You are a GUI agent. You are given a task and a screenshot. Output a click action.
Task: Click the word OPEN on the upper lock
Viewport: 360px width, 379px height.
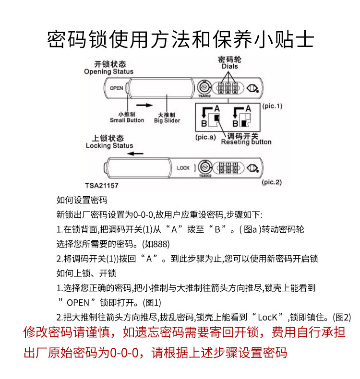[117, 88]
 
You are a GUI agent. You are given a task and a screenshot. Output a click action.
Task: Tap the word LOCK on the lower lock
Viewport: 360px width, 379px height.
[183, 168]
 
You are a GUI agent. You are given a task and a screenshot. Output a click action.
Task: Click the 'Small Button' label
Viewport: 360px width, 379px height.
[127, 120]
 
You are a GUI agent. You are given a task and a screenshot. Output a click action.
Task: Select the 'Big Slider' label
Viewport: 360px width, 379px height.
[167, 120]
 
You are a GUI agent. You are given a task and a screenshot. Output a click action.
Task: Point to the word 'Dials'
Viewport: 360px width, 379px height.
[230, 67]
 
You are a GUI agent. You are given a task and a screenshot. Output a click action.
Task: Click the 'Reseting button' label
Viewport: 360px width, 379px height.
[246, 142]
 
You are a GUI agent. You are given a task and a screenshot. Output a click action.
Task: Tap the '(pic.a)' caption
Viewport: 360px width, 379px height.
[208, 137]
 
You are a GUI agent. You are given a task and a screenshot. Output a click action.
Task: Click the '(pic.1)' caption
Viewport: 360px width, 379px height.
[272, 106]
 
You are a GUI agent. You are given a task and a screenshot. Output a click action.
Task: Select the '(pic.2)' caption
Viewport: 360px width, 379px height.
[272, 182]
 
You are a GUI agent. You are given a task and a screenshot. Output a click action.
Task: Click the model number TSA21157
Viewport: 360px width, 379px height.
[102, 184]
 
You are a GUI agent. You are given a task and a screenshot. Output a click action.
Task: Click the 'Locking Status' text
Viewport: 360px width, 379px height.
[109, 145]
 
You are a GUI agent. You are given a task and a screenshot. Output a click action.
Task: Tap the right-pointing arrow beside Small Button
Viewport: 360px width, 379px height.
[143, 104]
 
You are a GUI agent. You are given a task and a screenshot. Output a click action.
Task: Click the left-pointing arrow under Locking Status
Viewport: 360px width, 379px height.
[136, 154]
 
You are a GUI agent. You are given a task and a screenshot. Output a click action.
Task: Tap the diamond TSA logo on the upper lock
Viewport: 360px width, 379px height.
[253, 88]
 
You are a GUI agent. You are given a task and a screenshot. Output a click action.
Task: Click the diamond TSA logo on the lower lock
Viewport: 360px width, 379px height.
[253, 168]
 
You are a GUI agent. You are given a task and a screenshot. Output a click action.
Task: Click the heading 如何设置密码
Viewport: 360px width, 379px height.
[82, 200]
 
